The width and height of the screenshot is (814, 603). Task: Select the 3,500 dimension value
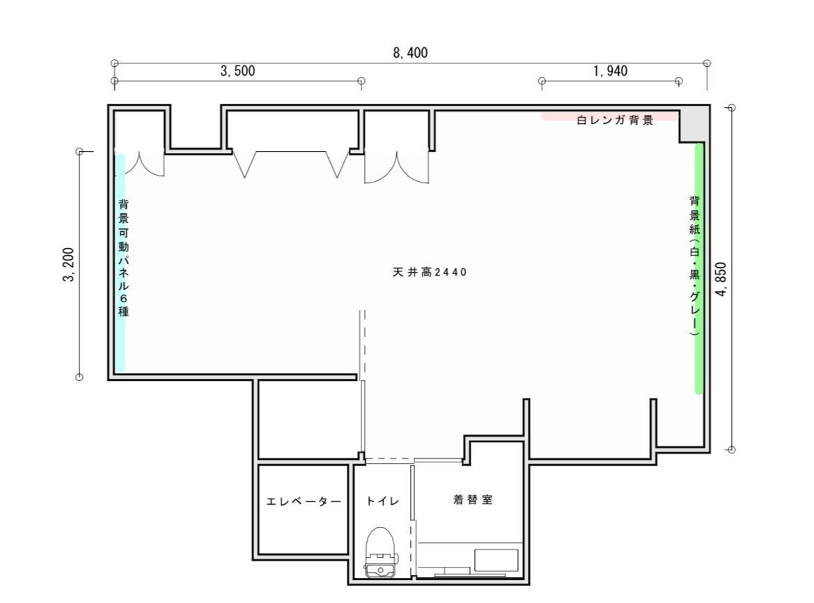point(237,71)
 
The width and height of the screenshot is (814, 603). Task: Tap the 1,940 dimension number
point(610,71)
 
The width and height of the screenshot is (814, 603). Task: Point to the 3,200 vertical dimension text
point(69,265)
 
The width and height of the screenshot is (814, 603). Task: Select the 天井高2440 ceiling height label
point(429,272)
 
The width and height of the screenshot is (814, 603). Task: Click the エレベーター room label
point(304,501)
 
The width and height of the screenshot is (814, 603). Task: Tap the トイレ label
point(382,501)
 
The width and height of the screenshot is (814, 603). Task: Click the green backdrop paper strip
point(698,268)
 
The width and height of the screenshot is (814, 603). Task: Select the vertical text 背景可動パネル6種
point(123,258)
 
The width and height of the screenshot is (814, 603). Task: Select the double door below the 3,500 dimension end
point(396,168)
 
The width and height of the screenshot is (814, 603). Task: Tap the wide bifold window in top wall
point(290,164)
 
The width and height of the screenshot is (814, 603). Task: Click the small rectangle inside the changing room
point(496,561)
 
